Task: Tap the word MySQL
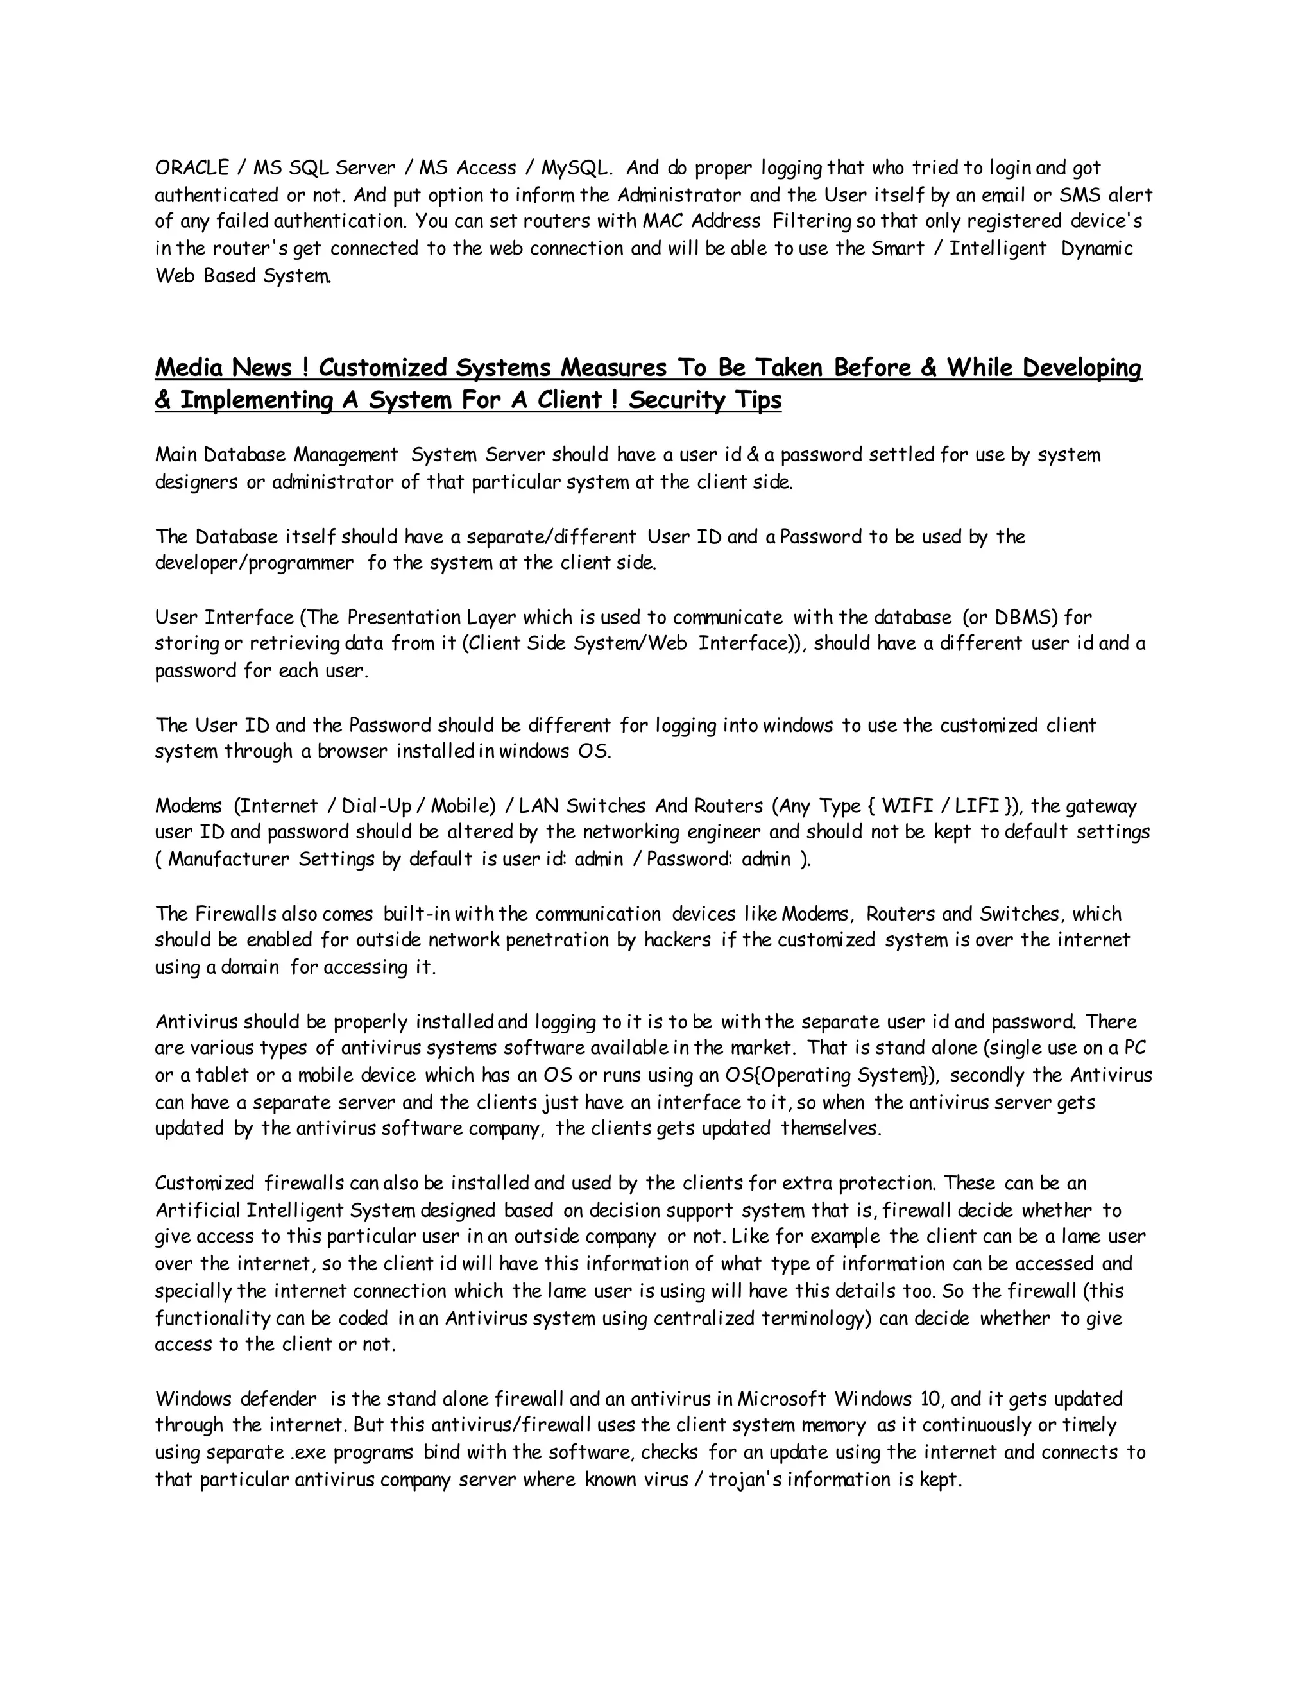577,168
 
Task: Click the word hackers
678,940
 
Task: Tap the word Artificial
196,1211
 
